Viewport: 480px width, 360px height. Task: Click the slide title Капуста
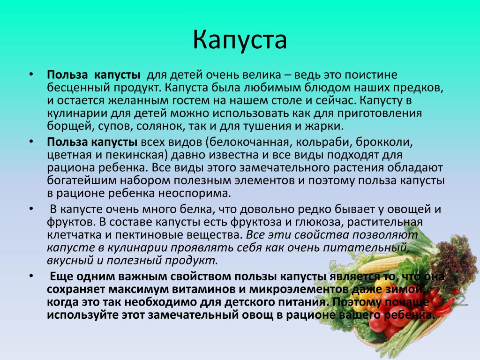[x=240, y=40]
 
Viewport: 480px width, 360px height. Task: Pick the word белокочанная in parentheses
[x=249, y=142]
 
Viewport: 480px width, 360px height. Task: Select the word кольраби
[x=323, y=142]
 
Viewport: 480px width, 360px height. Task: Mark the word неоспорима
[x=195, y=194]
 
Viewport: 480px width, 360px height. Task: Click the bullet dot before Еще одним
[x=31, y=276]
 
